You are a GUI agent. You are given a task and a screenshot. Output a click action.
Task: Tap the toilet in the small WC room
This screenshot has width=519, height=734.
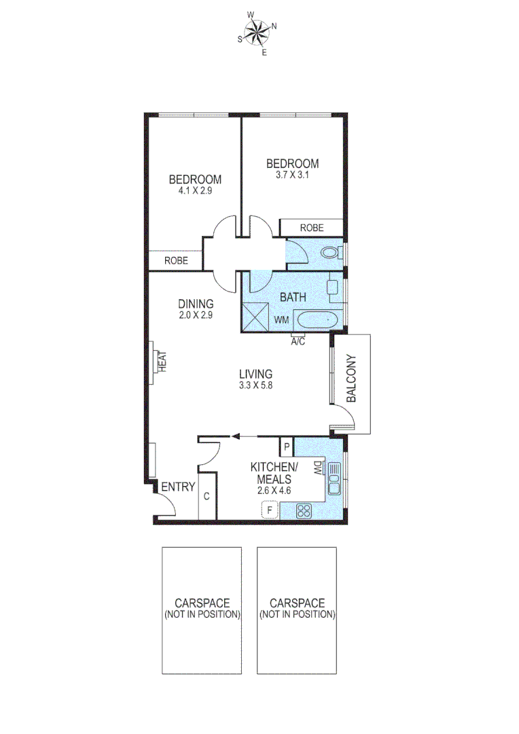coord(331,254)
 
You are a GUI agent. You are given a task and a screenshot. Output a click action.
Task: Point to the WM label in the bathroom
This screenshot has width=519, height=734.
coord(281,319)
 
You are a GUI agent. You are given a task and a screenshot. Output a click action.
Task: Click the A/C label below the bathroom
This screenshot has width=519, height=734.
coord(298,341)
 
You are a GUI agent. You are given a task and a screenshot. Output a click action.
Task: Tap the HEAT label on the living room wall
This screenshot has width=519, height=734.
coord(162,360)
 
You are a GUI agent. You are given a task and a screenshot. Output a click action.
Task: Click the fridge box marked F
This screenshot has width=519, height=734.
coord(270,509)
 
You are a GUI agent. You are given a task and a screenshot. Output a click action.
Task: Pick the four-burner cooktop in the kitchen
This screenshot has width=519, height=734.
coord(304,510)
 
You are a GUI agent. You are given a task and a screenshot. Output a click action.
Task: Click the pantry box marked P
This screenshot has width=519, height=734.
coord(287,447)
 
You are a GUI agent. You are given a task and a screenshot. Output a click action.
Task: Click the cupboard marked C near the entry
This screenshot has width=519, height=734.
coord(206,496)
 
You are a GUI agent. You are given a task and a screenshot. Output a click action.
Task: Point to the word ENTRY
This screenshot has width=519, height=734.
coord(178,487)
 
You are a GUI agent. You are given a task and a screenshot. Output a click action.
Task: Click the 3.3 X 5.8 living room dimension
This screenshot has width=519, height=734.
coord(255,385)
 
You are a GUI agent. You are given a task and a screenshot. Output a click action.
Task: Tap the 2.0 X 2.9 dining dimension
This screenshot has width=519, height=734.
coord(196,315)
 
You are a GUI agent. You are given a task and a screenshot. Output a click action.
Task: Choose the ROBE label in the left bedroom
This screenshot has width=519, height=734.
coord(176,260)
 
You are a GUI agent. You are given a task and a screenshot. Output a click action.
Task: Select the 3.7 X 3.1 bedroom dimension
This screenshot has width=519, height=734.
coord(292,175)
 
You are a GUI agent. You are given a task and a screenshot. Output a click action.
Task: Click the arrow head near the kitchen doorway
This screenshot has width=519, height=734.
coord(235,437)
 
